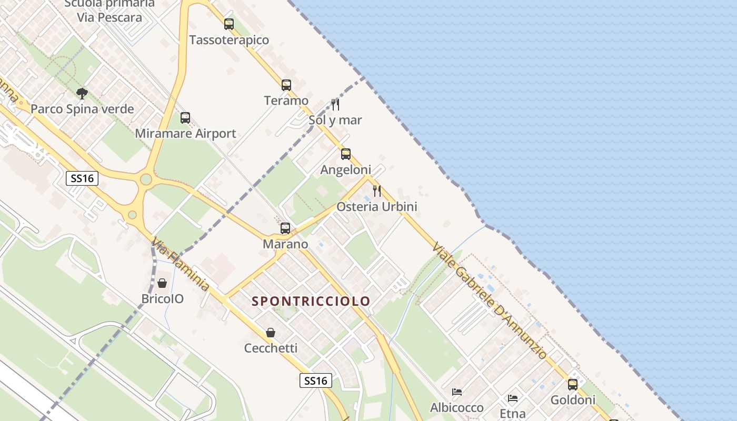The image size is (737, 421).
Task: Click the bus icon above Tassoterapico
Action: (229, 24)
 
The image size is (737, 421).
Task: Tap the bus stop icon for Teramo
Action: (286, 85)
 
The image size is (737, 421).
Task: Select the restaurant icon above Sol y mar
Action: (335, 104)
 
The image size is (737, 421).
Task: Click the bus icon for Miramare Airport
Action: (185, 118)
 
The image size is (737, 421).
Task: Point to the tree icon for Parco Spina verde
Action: (82, 94)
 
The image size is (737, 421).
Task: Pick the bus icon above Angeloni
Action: (346, 154)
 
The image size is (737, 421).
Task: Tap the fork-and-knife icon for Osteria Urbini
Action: (377, 191)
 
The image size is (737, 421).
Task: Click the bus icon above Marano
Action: (285, 228)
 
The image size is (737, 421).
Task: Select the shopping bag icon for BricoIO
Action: (162, 283)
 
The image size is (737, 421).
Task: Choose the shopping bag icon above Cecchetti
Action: (271, 333)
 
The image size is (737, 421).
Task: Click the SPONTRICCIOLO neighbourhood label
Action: (311, 302)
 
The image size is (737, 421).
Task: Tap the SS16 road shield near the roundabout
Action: (83, 178)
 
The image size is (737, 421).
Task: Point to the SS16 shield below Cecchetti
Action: (316, 380)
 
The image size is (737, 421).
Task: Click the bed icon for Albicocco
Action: (457, 392)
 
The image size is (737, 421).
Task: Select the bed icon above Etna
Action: (513, 398)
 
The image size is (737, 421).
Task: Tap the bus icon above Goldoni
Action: (573, 385)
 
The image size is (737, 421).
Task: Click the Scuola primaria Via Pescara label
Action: (109, 11)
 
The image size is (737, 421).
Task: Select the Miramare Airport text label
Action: (186, 134)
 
